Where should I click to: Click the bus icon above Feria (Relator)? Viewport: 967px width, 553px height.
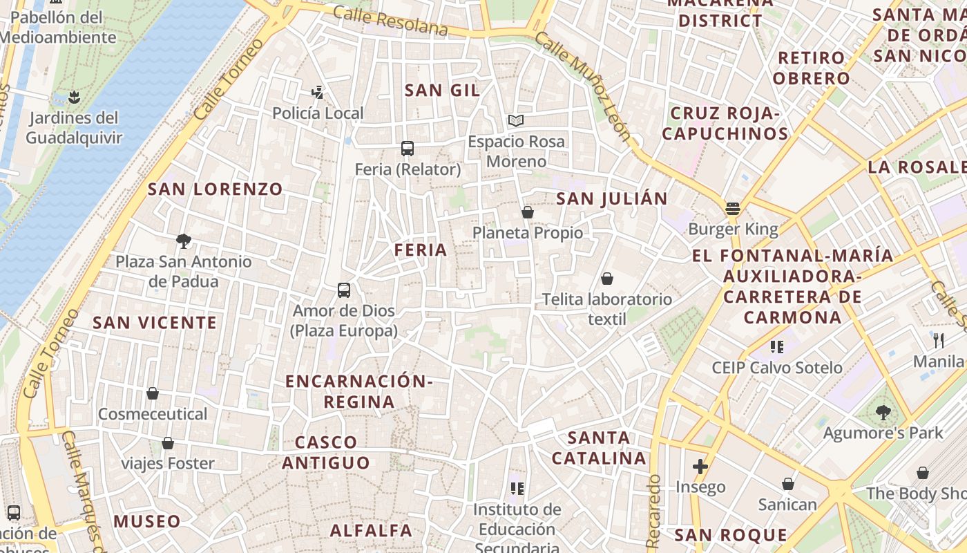point(408,148)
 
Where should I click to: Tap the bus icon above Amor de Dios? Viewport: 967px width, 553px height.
point(344,290)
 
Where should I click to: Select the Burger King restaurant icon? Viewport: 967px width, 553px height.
point(733,208)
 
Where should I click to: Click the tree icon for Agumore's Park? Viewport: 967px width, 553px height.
point(883,413)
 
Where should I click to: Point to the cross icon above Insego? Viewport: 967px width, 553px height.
point(700,467)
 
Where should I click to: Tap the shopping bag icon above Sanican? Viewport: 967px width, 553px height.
point(788,484)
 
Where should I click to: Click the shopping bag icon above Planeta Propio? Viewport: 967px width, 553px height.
point(528,212)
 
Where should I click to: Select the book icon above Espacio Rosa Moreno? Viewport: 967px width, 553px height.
point(516,121)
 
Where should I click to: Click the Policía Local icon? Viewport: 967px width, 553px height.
point(318,92)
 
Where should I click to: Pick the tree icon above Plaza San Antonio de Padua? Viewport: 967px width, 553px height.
point(184,241)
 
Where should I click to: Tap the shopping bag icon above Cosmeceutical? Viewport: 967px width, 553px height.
point(153,393)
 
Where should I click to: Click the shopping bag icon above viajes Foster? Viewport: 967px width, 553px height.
point(168,443)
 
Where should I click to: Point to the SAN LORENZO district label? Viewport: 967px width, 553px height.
point(216,189)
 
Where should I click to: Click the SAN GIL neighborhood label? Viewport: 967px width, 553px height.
point(442,90)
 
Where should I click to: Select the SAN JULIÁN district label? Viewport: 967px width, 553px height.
point(612,199)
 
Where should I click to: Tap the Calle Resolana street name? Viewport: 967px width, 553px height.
point(390,20)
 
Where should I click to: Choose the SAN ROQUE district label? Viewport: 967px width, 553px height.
point(731,534)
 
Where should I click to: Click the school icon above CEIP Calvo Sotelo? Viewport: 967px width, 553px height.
point(777,346)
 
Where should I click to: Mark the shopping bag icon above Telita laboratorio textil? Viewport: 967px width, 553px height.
point(607,279)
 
